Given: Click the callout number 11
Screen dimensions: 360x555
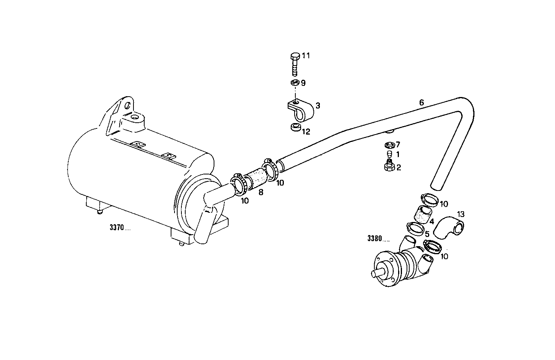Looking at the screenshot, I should pyautogui.click(x=306, y=56).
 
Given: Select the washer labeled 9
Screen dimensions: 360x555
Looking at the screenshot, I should pyautogui.click(x=295, y=83).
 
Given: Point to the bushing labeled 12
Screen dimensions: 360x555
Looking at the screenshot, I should pyautogui.click(x=295, y=127).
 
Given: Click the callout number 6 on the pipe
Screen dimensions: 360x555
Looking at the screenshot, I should pyautogui.click(x=422, y=102).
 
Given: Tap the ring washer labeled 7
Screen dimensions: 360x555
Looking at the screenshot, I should pyautogui.click(x=389, y=145).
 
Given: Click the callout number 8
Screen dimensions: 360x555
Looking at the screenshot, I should pyautogui.click(x=261, y=192).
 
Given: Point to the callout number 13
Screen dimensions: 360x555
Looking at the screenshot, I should pyautogui.click(x=461, y=214).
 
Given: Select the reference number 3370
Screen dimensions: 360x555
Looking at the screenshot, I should pyautogui.click(x=120, y=228).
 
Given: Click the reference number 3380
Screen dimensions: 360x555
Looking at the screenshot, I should pyautogui.click(x=378, y=238).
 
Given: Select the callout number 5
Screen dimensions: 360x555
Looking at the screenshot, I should pyautogui.click(x=427, y=233).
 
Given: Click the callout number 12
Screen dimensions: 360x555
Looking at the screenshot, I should pyautogui.click(x=306, y=132).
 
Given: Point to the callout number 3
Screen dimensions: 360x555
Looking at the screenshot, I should pyautogui.click(x=318, y=105).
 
